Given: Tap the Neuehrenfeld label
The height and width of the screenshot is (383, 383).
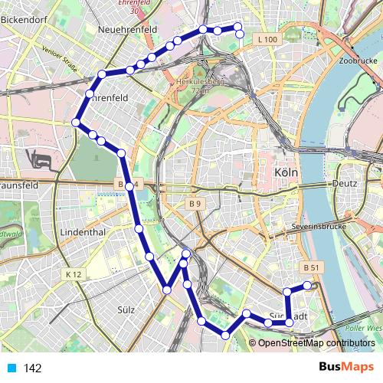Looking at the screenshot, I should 128,29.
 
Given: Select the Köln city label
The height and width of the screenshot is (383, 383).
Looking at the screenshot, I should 285,174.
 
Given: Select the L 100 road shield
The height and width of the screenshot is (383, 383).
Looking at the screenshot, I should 268,38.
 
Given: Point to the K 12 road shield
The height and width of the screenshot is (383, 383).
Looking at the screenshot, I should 74,273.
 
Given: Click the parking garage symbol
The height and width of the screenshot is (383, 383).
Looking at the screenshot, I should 40,160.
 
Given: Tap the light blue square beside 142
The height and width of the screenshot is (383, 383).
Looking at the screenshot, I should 11,368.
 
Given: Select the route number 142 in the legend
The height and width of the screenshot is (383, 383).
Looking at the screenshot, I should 32,368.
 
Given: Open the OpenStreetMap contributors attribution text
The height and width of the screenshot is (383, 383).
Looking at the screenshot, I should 316,343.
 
